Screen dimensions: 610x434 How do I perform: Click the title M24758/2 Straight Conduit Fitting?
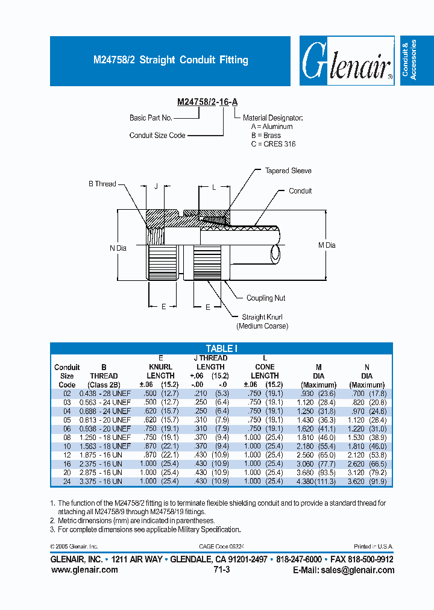[171, 60]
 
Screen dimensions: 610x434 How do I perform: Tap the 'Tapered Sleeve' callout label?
[288, 171]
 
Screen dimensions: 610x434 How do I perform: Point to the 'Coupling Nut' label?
[266, 298]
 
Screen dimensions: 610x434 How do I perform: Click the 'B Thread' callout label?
[102, 184]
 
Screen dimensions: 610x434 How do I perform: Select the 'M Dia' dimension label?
[326, 245]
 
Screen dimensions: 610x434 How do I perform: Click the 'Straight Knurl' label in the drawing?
[262, 317]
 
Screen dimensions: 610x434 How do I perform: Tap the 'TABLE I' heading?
[222, 348]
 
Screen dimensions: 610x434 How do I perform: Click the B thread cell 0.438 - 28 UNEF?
[105, 393]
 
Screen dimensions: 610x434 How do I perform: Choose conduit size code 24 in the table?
[67, 482]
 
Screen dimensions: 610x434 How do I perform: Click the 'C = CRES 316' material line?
[273, 144]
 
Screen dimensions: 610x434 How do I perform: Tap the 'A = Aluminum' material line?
[272, 127]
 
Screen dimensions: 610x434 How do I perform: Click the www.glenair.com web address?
[84, 570]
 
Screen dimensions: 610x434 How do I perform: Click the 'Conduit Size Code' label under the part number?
[157, 136]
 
